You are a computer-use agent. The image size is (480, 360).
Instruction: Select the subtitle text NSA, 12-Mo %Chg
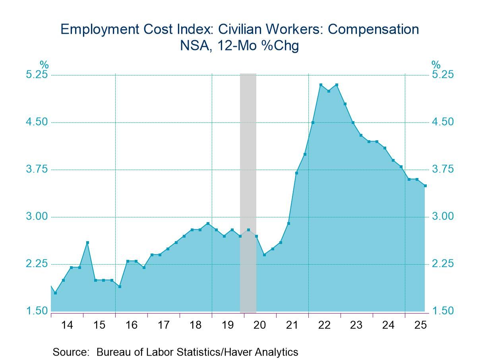pyautogui.click(x=239, y=46)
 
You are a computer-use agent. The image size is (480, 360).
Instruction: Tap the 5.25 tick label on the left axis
pyautogui.click(x=37, y=75)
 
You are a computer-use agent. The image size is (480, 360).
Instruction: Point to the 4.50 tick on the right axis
pyautogui.click(x=442, y=122)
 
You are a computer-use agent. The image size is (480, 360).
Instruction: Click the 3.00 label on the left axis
pyautogui.click(x=37, y=217)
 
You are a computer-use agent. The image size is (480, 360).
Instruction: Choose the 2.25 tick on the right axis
pyautogui.click(x=442, y=264)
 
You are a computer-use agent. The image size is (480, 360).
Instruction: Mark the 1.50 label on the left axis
pyautogui.click(x=37, y=311)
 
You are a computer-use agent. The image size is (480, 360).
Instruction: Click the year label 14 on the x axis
pyautogui.click(x=67, y=325)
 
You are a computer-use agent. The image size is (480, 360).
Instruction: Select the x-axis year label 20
pyautogui.click(x=259, y=325)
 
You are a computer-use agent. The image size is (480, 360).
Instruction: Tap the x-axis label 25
pyautogui.click(x=420, y=325)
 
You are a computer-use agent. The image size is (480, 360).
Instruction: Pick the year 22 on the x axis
pyautogui.click(x=324, y=325)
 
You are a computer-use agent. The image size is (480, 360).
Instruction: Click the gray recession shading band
pyautogui.click(x=248, y=159)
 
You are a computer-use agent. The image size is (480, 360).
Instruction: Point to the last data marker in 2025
pyautogui.click(x=425, y=186)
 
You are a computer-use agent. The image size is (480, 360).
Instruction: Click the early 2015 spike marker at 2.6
pyautogui.click(x=87, y=242)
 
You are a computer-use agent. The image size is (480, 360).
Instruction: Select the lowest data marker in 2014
pyautogui.click(x=55, y=293)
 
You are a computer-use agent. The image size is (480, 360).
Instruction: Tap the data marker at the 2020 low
pyautogui.click(x=264, y=255)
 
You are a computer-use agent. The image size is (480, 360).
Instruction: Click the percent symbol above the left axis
pyautogui.click(x=44, y=64)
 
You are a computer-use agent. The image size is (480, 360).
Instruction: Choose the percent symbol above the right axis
pyautogui.click(x=436, y=64)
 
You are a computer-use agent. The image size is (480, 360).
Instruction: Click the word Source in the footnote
pyautogui.click(x=70, y=352)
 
